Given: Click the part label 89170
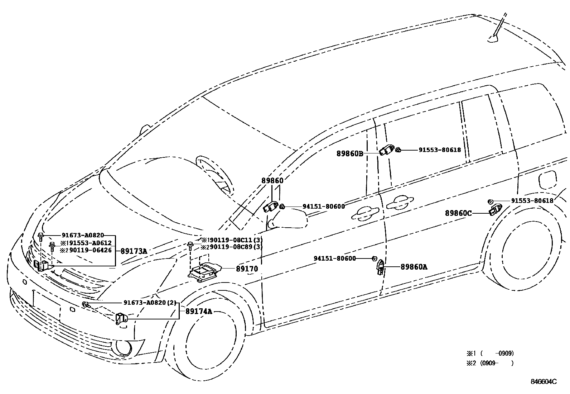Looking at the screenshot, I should coord(247,269).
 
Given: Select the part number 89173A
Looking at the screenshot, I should coord(134,251).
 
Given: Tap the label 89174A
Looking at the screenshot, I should coord(199,311).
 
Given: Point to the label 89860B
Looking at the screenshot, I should coord(350,153).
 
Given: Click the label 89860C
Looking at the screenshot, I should coord(458,213).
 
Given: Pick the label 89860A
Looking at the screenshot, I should coord(414,267).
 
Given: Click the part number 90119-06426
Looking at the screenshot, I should coord(91,250).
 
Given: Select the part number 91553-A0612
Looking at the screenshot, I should coord(91,243).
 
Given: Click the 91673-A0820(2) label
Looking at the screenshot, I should coord(150,303).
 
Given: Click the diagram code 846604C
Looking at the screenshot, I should coord(544,381).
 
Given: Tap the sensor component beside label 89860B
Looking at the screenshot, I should coord(386,150).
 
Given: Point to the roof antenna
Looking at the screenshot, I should coord(497,32).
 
